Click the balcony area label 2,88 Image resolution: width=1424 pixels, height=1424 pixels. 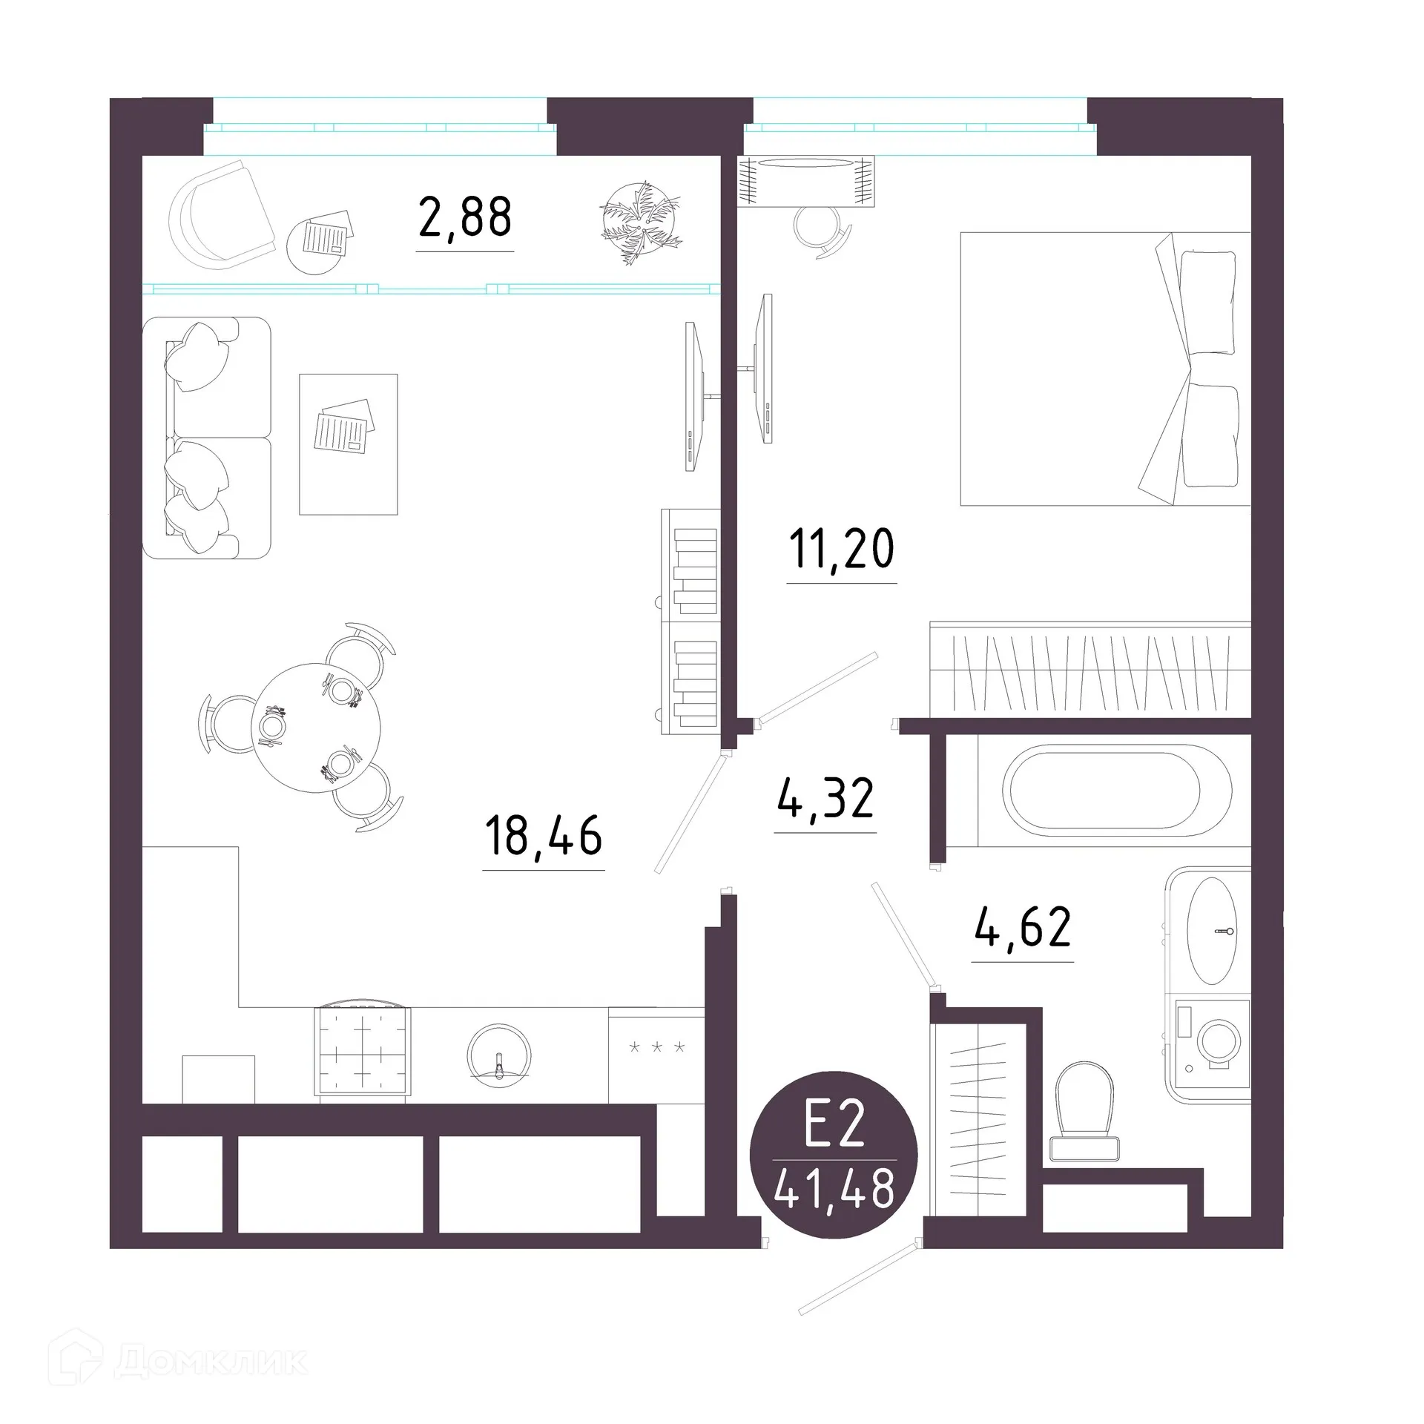click(x=465, y=217)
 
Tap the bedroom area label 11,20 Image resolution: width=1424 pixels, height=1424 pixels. click(x=841, y=550)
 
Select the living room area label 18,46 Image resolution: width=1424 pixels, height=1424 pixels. click(x=543, y=835)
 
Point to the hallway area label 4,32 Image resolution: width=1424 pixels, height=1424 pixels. click(x=825, y=799)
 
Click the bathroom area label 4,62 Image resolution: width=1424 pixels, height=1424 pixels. click(x=1023, y=927)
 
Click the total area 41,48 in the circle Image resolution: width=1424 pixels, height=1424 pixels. click(x=834, y=1190)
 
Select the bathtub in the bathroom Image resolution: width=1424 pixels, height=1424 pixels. click(x=1116, y=791)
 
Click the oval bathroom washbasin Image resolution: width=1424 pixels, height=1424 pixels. click(x=1212, y=931)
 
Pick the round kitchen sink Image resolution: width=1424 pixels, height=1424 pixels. click(x=499, y=1055)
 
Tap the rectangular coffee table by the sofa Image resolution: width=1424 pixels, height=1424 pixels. click(x=348, y=444)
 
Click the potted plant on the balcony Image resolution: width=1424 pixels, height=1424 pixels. click(x=640, y=222)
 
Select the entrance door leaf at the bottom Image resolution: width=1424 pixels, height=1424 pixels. click(x=858, y=1279)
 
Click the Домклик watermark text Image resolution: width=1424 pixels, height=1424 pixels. click(x=211, y=1361)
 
